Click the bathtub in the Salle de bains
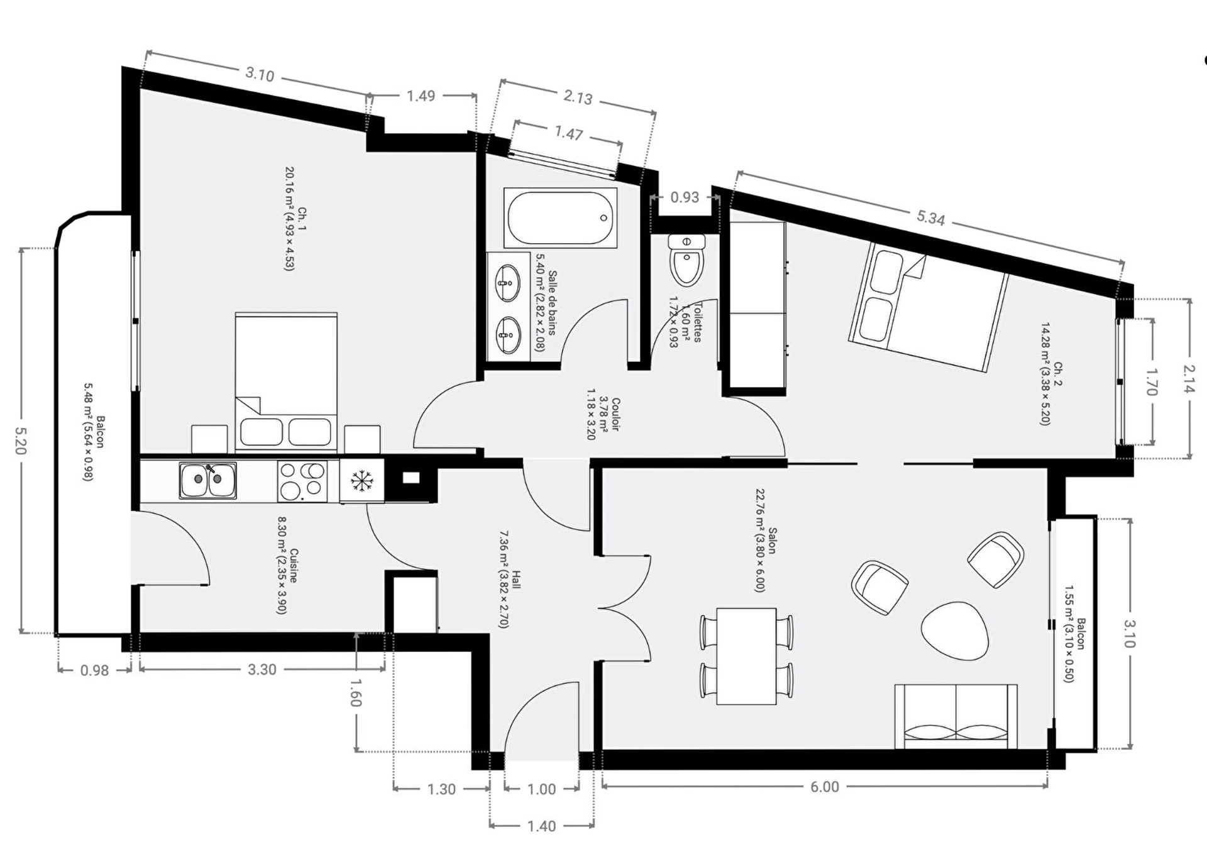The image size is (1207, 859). pos(560,217)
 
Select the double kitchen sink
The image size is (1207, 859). pos(207,481)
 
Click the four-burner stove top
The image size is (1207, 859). pos(302,481)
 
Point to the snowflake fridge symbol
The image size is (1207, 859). pos(361,481)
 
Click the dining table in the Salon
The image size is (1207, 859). pos(746,656)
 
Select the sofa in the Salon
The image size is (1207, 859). pos(956,716)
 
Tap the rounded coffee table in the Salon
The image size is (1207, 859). pos(955,630)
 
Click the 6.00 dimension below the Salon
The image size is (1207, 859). pos(824,787)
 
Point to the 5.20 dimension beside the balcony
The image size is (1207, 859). pos(21,440)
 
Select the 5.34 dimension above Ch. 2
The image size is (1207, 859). pos(930,218)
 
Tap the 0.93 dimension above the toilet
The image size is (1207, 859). pos(685,197)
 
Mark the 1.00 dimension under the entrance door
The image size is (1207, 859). pos(541,789)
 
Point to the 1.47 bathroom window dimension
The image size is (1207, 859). pos(568,133)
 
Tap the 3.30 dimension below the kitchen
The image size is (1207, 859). pos(262,670)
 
